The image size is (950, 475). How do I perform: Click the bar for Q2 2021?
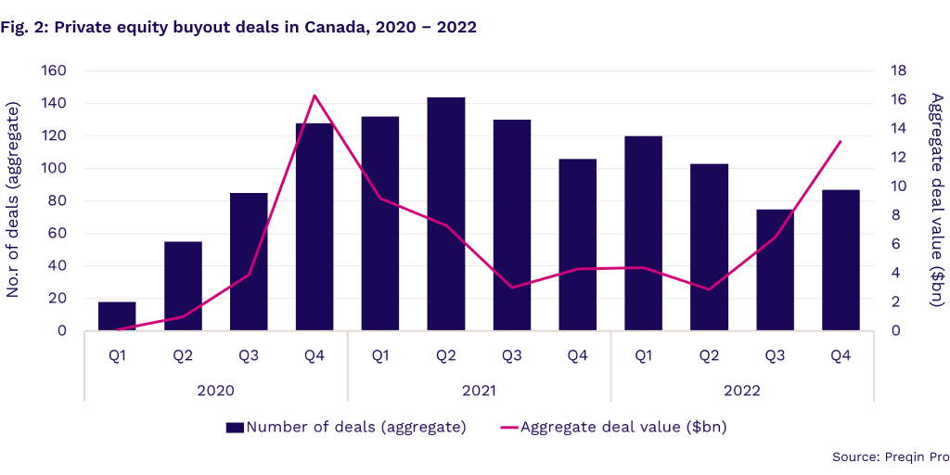(x=446, y=213)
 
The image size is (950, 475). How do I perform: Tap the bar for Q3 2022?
(x=775, y=269)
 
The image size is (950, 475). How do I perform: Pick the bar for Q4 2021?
(x=577, y=244)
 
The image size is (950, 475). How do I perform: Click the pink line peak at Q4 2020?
(x=314, y=96)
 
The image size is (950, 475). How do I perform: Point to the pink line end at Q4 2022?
(x=841, y=141)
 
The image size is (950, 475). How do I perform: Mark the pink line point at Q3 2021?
(x=512, y=288)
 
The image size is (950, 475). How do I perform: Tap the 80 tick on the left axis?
(x=68, y=200)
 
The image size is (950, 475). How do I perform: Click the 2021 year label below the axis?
(x=479, y=391)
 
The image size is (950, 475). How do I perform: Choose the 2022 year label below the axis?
(x=741, y=391)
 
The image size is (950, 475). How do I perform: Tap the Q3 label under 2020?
(x=249, y=355)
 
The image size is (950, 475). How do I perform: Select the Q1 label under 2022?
(x=643, y=355)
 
